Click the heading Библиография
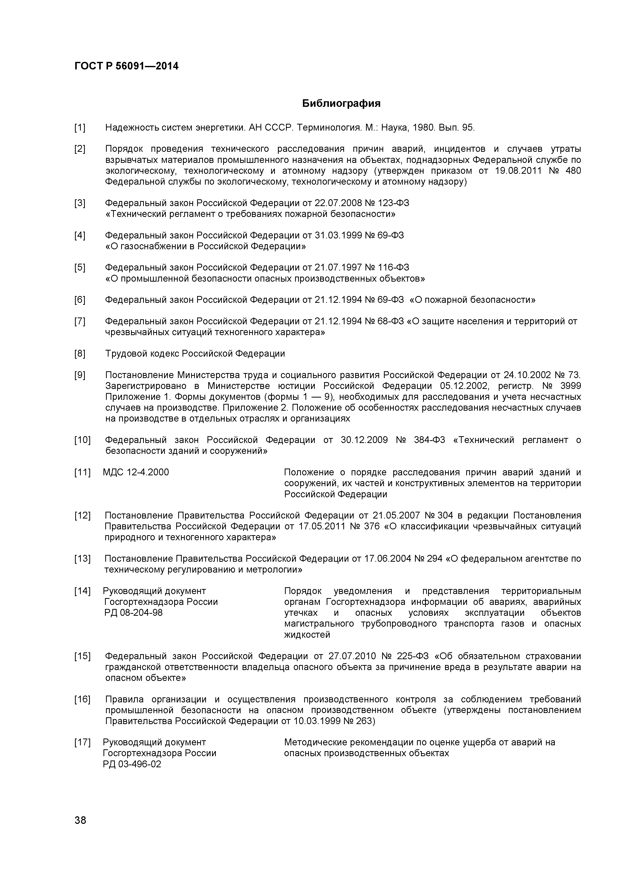(341, 103)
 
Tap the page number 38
(80, 831)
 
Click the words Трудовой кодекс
(142, 354)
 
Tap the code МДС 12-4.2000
(136, 472)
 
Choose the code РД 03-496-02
(132, 764)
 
